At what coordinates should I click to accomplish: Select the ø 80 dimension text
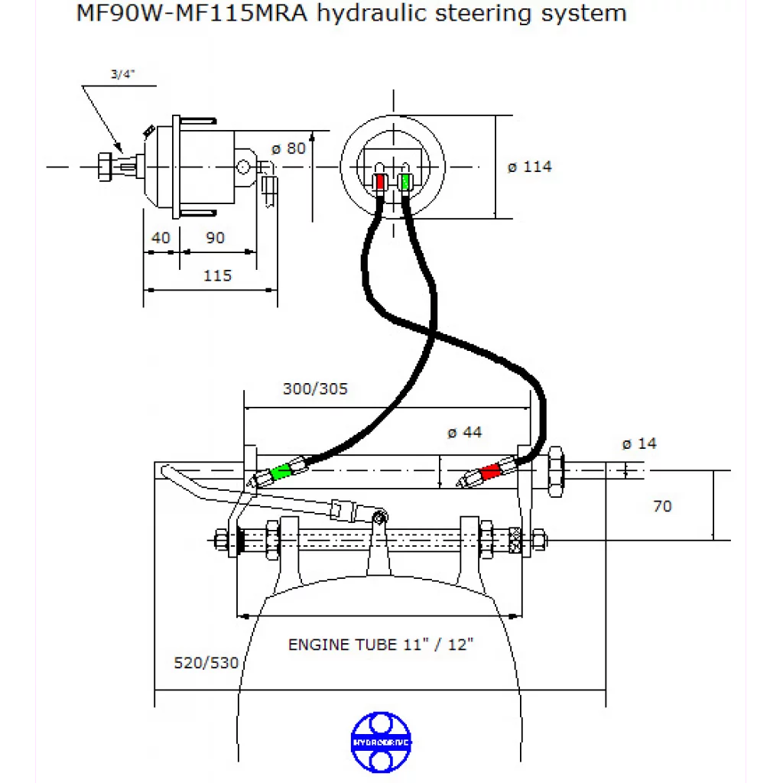click(x=289, y=148)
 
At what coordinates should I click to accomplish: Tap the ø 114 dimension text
click(x=529, y=166)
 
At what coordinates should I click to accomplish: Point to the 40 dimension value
click(x=161, y=238)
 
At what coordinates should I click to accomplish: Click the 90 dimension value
click(x=216, y=238)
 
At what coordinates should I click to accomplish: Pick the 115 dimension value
click(x=217, y=275)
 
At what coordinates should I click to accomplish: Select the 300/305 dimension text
click(x=315, y=388)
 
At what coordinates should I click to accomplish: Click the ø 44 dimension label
click(x=465, y=432)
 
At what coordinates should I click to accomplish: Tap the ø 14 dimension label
click(x=638, y=443)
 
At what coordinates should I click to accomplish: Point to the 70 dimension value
click(x=662, y=506)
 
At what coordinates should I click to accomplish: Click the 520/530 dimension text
click(x=206, y=662)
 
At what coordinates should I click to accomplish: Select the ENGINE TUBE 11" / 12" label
click(x=381, y=645)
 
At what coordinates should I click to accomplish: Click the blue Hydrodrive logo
click(x=380, y=742)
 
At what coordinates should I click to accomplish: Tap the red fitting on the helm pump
click(x=380, y=182)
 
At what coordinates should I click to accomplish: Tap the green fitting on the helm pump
click(x=404, y=182)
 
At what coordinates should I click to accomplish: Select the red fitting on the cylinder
click(x=489, y=472)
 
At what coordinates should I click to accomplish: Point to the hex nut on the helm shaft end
click(x=103, y=166)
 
